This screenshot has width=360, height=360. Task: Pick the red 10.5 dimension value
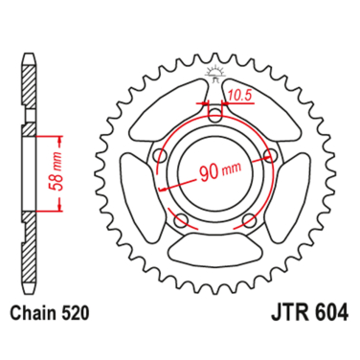click(x=240, y=96)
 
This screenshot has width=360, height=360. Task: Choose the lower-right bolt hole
click(x=249, y=222)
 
